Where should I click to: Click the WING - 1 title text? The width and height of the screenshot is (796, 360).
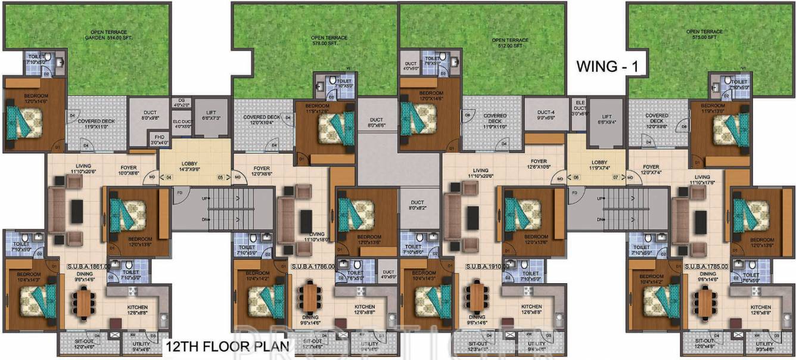click(607, 67)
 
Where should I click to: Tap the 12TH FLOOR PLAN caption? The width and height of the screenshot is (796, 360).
click(227, 346)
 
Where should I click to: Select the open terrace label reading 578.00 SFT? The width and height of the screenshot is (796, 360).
click(329, 41)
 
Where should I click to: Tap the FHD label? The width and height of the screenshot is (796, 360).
click(158, 139)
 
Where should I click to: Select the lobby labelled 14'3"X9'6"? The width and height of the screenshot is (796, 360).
click(194, 166)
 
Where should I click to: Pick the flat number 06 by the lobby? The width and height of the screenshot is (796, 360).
click(576, 177)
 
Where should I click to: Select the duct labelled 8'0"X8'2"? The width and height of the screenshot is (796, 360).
click(417, 206)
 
